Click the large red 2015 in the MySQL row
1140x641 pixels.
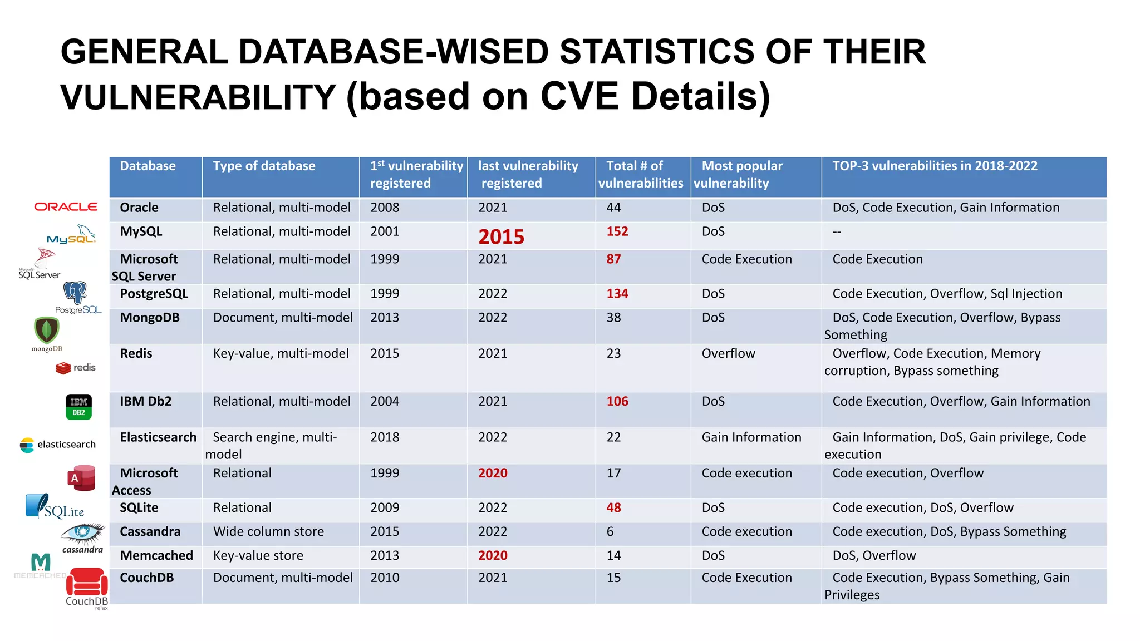coord(501,237)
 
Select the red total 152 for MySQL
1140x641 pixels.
coord(617,231)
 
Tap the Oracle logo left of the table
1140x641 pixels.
coord(66,207)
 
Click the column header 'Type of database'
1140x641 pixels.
coord(264,166)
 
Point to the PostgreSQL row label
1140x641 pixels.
coord(154,294)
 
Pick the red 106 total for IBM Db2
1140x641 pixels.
coord(617,401)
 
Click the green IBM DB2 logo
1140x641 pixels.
coord(78,407)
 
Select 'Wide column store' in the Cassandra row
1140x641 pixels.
coord(268,531)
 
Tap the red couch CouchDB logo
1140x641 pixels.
coord(87,583)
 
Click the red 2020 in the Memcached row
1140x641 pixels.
coord(493,555)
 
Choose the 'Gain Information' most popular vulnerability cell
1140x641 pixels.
coord(751,437)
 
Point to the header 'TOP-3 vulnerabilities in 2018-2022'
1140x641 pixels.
coord(935,166)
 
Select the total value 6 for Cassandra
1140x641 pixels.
coord(610,531)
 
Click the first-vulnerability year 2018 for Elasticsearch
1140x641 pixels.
coord(385,437)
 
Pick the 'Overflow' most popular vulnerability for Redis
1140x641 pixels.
coord(728,353)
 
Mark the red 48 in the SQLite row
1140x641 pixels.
coord(613,507)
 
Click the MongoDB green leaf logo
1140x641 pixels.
coord(47,331)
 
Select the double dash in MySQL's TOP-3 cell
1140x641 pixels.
coord(837,231)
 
